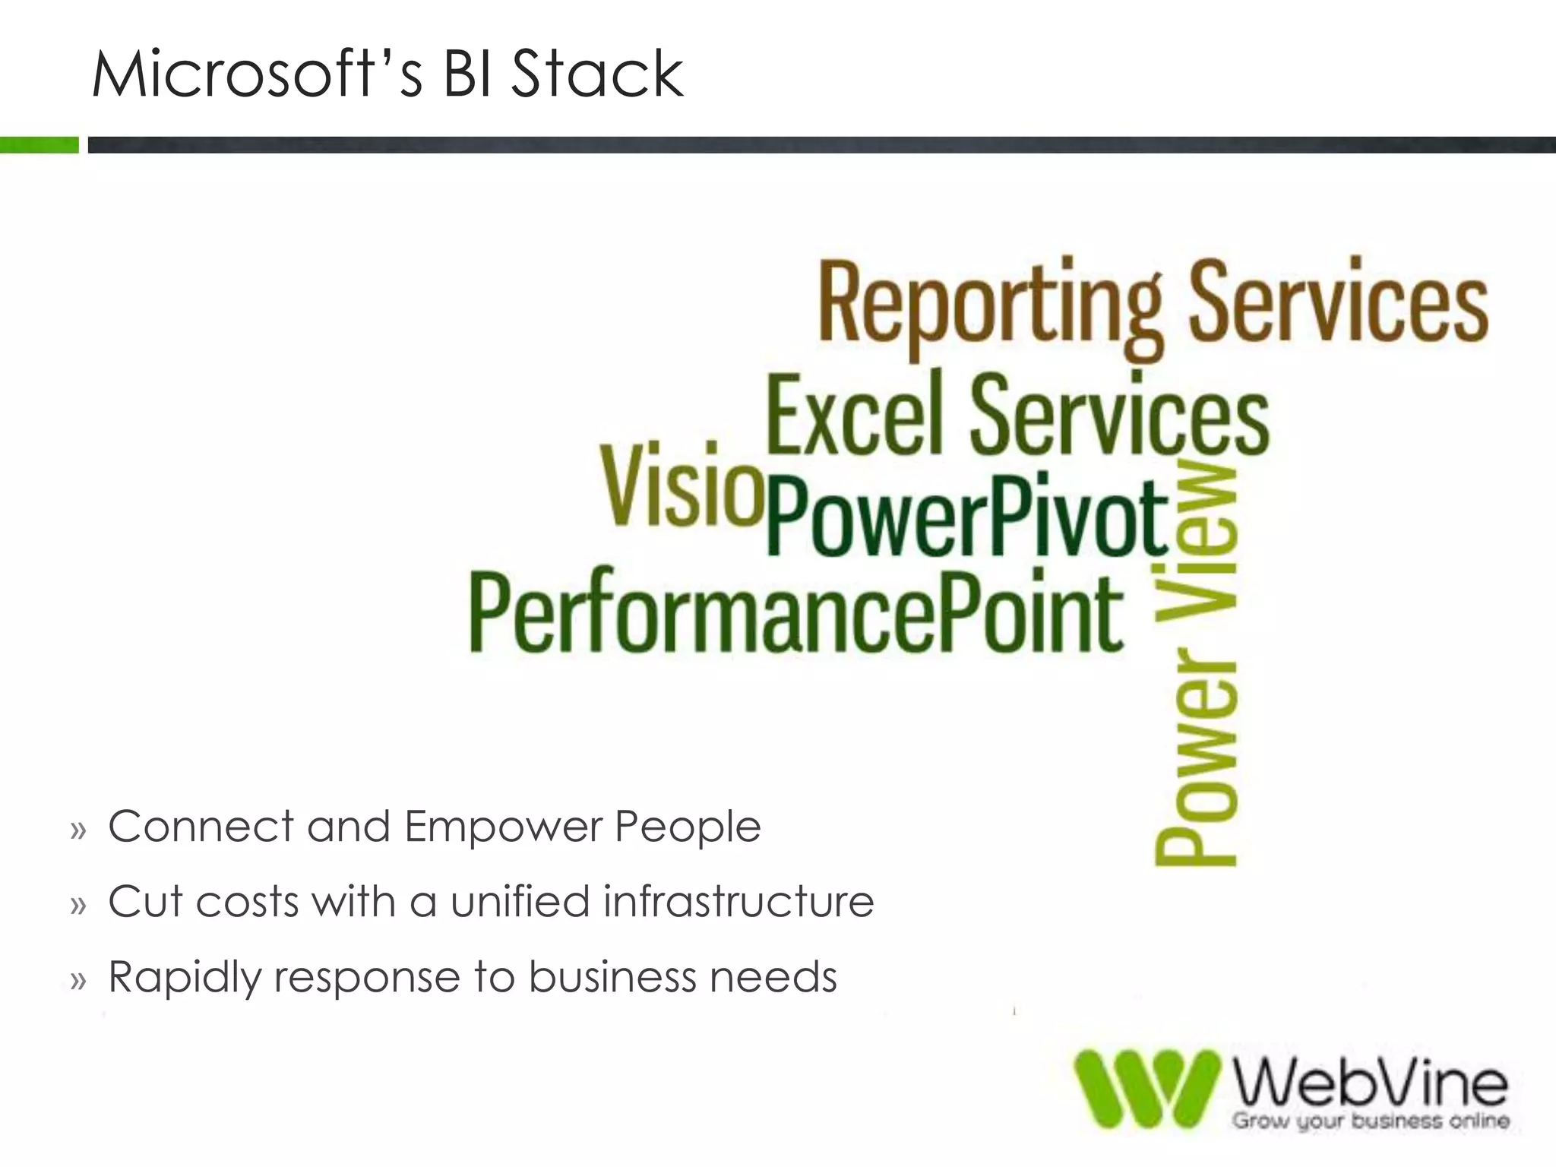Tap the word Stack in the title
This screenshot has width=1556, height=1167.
[x=597, y=74]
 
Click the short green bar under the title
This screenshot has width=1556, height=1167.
[x=39, y=144]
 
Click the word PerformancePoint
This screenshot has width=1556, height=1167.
[x=795, y=612]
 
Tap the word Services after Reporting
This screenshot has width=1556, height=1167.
[x=1337, y=300]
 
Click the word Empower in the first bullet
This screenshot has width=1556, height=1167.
[x=502, y=827]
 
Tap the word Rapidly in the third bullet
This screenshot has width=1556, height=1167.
[x=183, y=978]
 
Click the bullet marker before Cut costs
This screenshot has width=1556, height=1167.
[x=78, y=905]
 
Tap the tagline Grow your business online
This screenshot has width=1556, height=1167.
[x=1370, y=1121]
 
